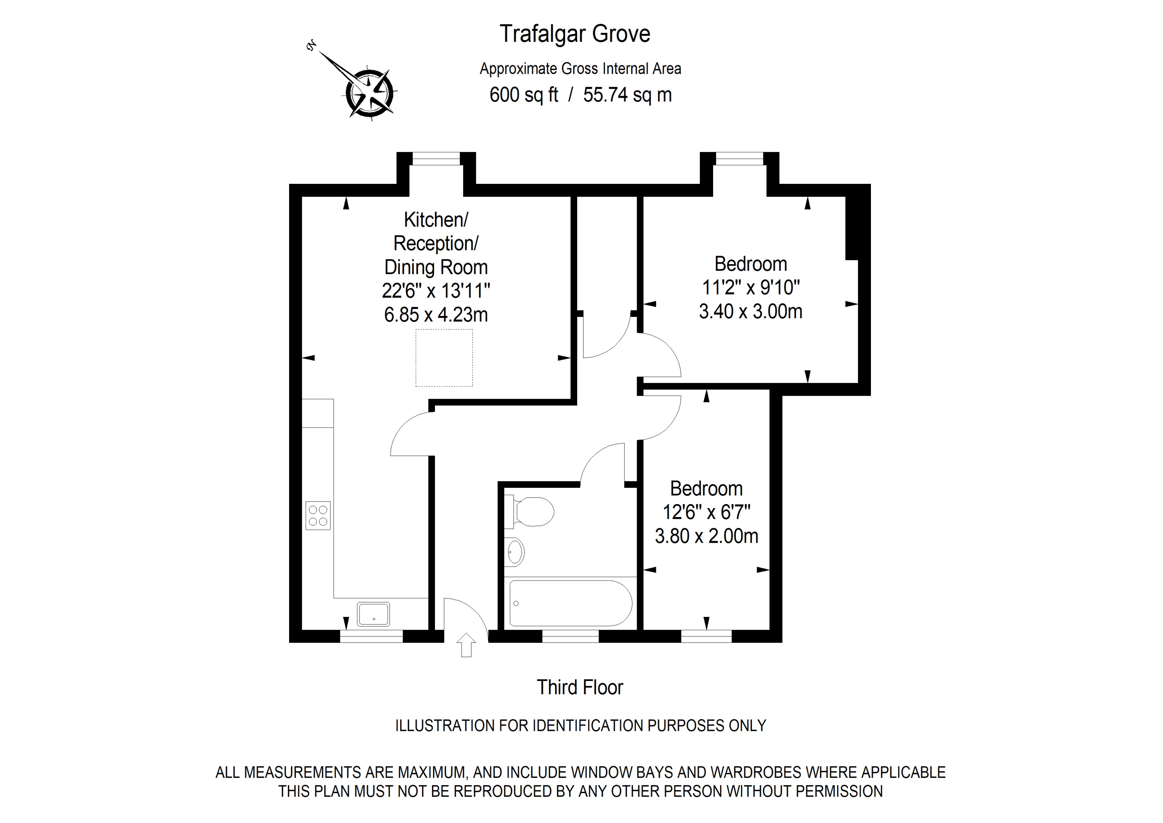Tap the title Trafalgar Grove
(575, 34)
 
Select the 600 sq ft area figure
(523, 95)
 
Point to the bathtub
(570, 603)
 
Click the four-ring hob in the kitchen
(318, 515)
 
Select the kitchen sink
(373, 614)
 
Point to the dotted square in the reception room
(444, 358)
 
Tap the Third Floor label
(580, 688)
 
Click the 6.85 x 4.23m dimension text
(436, 315)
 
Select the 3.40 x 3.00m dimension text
(750, 311)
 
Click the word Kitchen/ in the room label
(436, 220)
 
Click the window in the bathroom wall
(570, 636)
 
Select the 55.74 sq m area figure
(627, 95)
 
